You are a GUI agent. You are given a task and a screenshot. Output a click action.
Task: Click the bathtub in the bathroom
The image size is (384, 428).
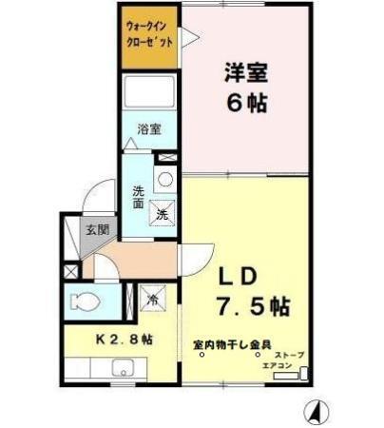click(150, 94)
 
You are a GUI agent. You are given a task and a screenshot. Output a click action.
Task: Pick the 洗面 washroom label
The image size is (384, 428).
click(137, 196)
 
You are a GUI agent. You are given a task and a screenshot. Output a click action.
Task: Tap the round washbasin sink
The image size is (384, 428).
click(163, 179)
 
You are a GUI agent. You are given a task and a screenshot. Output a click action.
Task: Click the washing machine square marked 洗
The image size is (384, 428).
click(163, 213)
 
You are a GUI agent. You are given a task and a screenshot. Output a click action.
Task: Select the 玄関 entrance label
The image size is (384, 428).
click(96, 228)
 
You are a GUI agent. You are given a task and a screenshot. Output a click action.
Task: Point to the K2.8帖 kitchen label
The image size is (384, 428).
click(121, 340)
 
